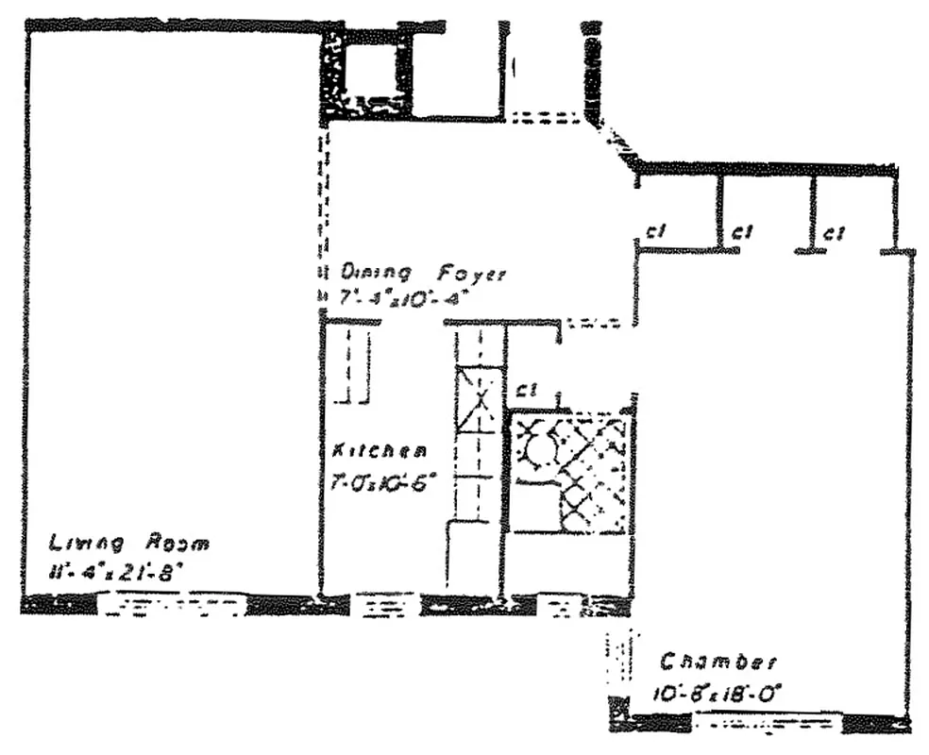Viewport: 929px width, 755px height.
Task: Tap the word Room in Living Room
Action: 177,544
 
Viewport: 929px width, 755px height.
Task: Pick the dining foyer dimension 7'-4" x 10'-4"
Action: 403,298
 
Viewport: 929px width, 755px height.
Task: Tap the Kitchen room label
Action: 379,451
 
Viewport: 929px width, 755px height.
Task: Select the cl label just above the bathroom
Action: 526,389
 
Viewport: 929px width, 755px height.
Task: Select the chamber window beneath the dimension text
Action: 767,725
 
